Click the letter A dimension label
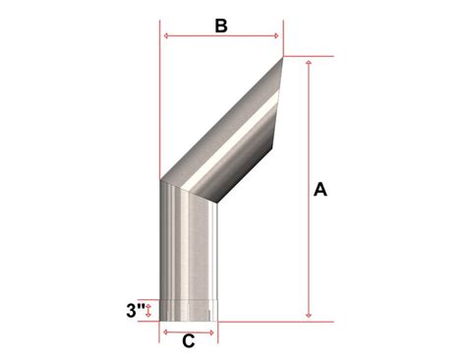(x=320, y=190)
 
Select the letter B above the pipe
(x=221, y=27)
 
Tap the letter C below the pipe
(x=188, y=341)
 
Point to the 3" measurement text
(x=137, y=311)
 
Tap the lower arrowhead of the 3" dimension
(x=148, y=317)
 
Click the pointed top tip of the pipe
(x=282, y=57)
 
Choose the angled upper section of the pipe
(x=231, y=133)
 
